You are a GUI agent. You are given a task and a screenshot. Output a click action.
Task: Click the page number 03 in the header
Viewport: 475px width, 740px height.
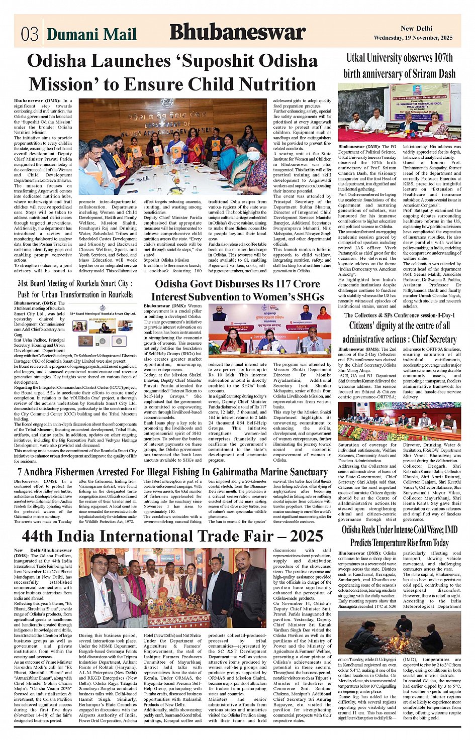pos(30,34)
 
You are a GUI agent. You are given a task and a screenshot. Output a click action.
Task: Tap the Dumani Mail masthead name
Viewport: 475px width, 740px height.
pos(92,34)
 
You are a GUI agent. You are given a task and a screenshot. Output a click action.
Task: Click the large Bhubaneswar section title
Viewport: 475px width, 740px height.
pos(237,33)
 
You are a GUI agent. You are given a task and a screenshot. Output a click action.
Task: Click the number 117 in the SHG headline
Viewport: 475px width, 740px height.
pos(266,284)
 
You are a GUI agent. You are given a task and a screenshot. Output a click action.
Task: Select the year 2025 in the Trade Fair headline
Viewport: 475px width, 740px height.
pos(303,536)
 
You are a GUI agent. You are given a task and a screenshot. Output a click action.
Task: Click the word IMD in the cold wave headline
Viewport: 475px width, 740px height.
pos(451,530)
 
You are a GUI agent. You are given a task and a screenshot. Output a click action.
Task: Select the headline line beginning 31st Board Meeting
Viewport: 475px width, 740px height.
pos(73,283)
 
